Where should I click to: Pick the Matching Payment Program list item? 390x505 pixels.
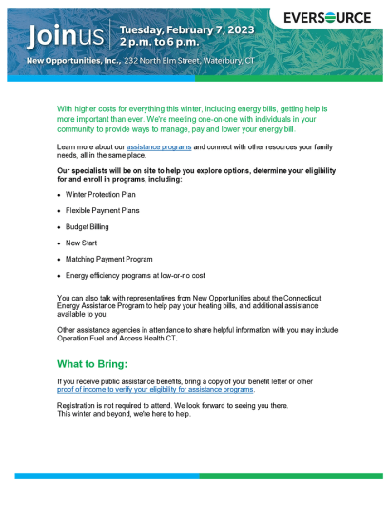point(109,259)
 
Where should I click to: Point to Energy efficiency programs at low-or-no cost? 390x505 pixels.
point(135,275)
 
